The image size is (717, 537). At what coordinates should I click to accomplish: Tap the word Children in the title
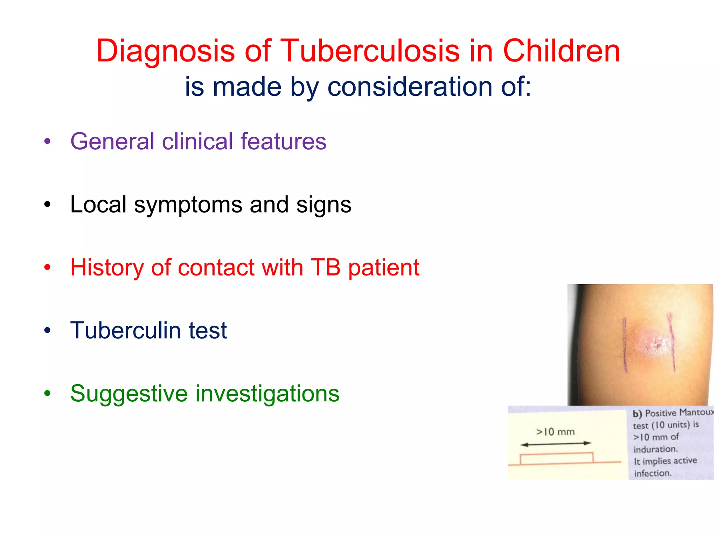coord(561,51)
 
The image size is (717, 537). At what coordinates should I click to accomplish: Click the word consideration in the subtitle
coord(411,87)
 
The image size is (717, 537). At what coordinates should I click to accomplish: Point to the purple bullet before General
coord(47,142)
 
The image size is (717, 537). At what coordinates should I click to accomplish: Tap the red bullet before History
coord(47,268)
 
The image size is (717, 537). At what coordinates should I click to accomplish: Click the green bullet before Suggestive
coord(47,394)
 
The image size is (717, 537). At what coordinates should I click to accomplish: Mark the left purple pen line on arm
coord(625,344)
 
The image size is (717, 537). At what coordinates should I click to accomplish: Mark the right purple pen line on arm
coord(671,343)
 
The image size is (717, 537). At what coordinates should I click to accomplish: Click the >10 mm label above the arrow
coord(555,432)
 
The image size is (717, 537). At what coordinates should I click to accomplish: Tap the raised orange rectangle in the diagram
coord(556,458)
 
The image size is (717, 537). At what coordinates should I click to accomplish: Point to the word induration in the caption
coord(655,449)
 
